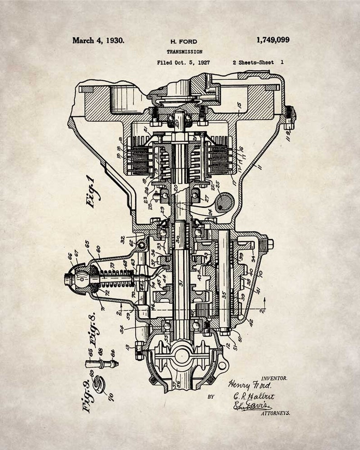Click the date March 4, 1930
pos(98,40)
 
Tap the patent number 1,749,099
pos(272,40)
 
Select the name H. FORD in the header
pos(184,42)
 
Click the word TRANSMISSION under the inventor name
pos(184,52)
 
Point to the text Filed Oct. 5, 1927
pos(183,63)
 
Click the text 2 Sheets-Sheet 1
pos(258,63)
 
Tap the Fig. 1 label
pos(92,191)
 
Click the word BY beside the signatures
pos(210,397)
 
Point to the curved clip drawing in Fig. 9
pos(99,382)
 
